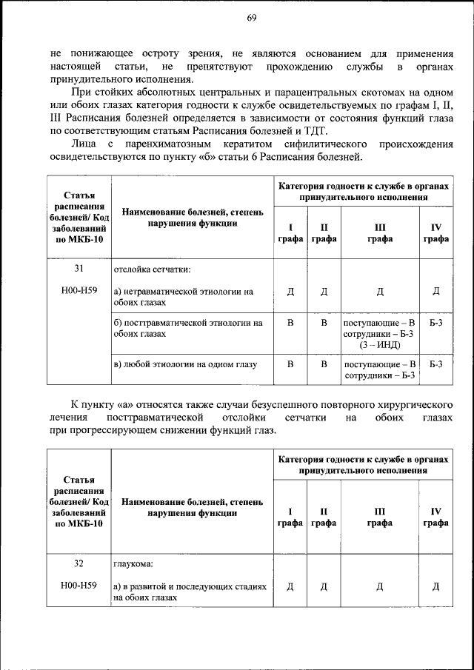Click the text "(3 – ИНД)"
click(x=380, y=345)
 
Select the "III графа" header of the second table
click(x=380, y=517)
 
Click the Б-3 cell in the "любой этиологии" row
click(x=435, y=364)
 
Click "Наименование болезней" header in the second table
click(x=192, y=506)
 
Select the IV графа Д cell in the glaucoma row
click(x=435, y=586)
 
